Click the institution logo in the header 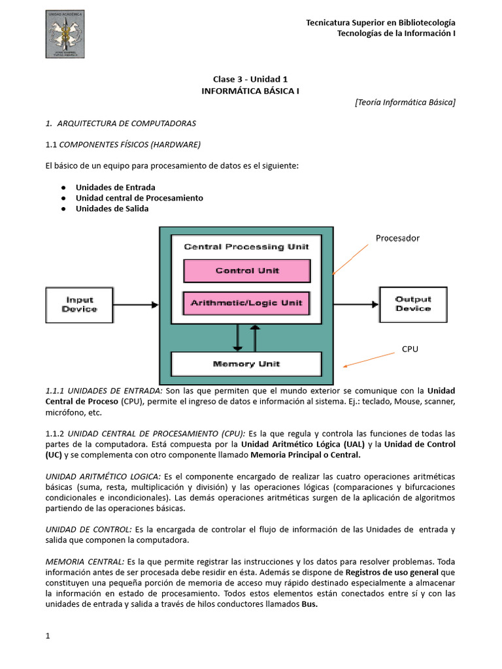click(65, 34)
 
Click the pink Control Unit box click(247, 270)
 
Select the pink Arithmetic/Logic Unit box click(247, 303)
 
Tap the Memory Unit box click(246, 364)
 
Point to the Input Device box click(79, 304)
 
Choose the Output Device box click(413, 304)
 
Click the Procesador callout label click(397, 238)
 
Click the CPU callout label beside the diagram click(410, 350)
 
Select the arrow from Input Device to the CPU click(136, 304)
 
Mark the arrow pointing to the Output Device click(356, 304)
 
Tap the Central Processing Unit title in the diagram click(246, 247)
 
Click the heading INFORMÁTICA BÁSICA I click(250, 91)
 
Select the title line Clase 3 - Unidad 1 click(250, 79)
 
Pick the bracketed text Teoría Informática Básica click(405, 102)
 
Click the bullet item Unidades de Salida click(112, 208)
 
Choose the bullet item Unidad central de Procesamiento click(139, 198)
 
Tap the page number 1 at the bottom click(48, 636)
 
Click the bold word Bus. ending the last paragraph click(309, 604)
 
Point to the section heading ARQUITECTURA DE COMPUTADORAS click(126, 123)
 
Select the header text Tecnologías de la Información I click(396, 33)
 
